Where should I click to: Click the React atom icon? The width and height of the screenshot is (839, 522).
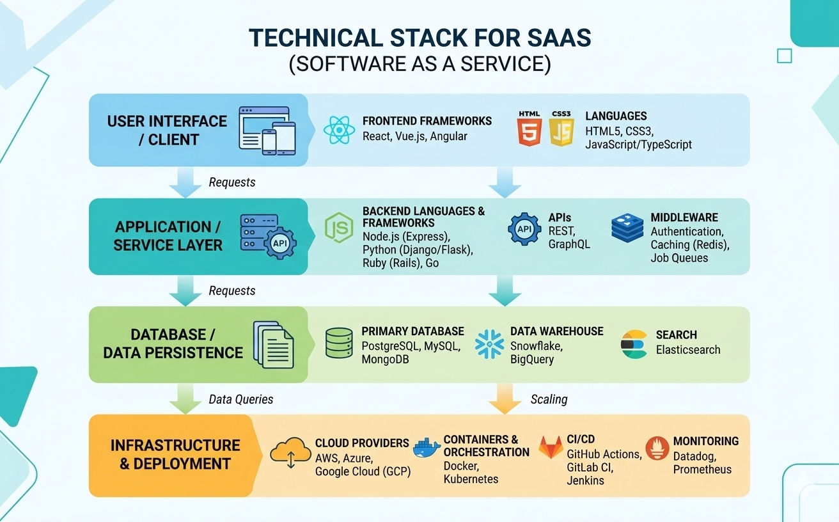(339, 130)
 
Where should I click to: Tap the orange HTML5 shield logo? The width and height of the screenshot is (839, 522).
(529, 130)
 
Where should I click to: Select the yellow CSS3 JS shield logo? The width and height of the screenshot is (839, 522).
(561, 130)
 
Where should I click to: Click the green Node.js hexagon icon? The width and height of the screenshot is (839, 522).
(339, 229)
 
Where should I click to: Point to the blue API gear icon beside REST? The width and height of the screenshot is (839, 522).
(524, 229)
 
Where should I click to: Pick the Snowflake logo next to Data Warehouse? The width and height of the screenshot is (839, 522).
(490, 344)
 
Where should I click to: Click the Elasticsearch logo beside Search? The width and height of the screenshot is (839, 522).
(634, 344)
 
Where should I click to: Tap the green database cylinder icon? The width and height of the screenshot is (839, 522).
(339, 344)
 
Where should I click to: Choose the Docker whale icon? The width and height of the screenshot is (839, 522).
(427, 448)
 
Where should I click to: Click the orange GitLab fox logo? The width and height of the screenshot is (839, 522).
(551, 448)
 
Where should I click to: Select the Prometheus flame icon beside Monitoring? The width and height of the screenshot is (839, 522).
(657, 448)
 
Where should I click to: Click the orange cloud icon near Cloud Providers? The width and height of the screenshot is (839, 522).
(290, 451)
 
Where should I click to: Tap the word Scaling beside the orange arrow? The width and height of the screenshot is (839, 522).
(549, 399)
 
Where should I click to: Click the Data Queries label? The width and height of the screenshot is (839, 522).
(241, 399)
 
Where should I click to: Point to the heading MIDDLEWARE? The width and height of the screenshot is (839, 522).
(684, 217)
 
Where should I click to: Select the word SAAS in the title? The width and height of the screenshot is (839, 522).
(556, 38)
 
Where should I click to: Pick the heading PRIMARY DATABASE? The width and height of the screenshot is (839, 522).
(412, 331)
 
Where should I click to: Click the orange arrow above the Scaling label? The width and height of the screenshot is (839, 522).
(504, 399)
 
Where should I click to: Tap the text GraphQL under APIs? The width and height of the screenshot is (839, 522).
(569, 244)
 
